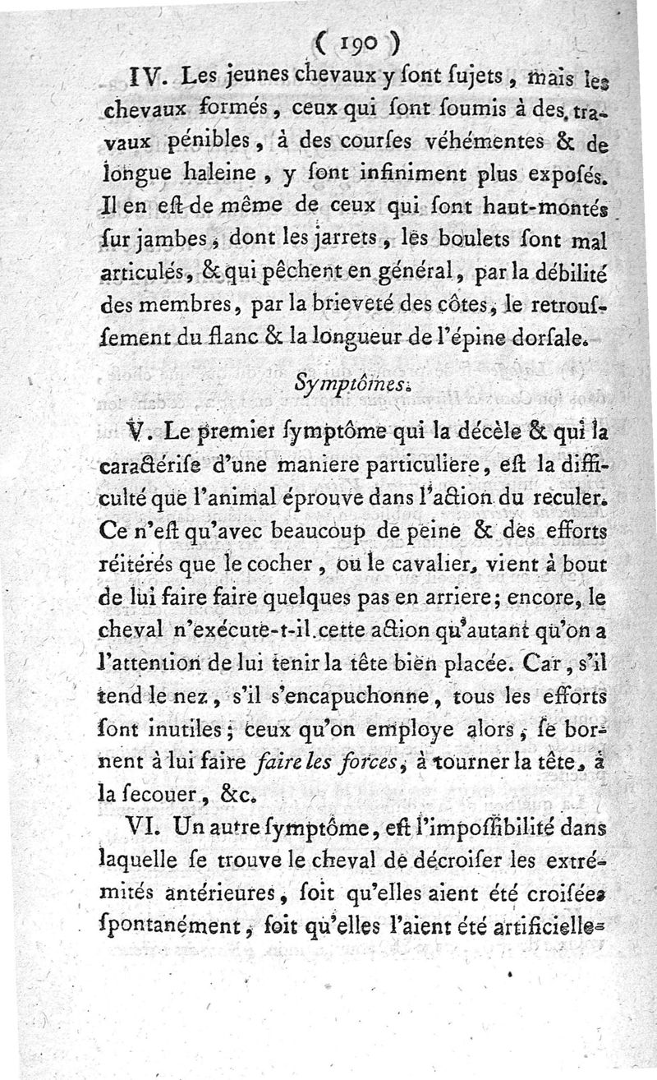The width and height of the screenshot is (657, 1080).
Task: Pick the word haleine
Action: click(x=221, y=173)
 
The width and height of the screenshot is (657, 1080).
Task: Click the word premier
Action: click(x=241, y=428)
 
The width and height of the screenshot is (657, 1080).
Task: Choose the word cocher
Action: click(x=283, y=565)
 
